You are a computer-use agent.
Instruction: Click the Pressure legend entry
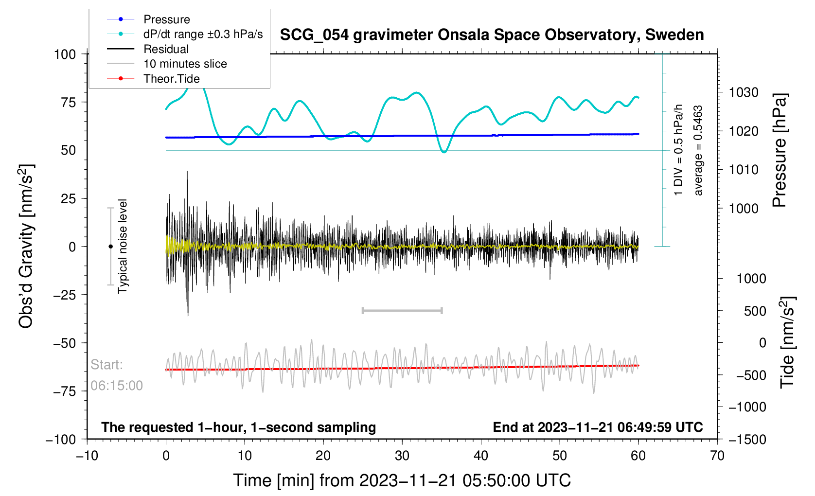[x=166, y=19]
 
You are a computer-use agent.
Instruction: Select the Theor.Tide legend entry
[x=171, y=79]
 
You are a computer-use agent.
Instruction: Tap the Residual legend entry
[x=166, y=49]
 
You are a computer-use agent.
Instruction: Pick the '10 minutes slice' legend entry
[x=185, y=64]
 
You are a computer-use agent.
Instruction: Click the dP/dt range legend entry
[x=203, y=34]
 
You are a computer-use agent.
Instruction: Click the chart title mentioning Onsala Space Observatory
[x=492, y=35]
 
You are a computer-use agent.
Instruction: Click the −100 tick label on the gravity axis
[x=61, y=440]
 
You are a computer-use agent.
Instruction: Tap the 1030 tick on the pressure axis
[x=744, y=92]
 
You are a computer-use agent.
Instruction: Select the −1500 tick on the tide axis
[x=747, y=440]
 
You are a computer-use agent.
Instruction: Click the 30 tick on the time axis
[x=402, y=456]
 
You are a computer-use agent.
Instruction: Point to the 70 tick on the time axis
[x=717, y=456]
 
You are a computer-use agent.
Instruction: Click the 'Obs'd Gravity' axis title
[x=26, y=247]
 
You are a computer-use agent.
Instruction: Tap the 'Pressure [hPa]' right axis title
[x=780, y=151]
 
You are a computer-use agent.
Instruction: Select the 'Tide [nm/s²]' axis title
[x=787, y=342]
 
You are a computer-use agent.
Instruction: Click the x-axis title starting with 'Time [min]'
[x=402, y=480]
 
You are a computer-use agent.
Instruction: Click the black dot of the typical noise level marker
[x=110, y=247]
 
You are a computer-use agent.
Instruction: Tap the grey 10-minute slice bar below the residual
[x=402, y=310]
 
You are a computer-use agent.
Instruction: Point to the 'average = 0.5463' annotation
[x=698, y=151]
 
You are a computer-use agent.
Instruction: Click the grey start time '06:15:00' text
[x=117, y=386]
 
